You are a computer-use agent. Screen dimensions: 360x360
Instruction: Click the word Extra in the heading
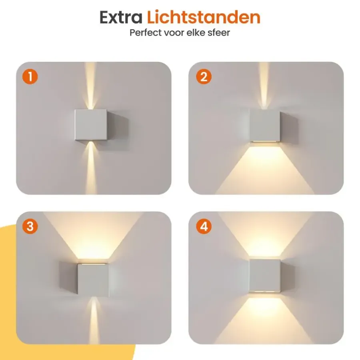coord(121,17)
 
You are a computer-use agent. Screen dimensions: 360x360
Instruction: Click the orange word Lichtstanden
coord(204,17)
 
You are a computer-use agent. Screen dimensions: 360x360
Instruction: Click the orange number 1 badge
coord(30,77)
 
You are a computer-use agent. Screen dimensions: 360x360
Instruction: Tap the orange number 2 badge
coord(204,77)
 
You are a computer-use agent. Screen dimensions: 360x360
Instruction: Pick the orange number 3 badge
coord(30,226)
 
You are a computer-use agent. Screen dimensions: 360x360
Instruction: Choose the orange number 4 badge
coord(204,226)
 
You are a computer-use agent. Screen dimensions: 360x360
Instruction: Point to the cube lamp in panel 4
coord(271,276)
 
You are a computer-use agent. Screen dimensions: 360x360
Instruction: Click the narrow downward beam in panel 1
coord(91,168)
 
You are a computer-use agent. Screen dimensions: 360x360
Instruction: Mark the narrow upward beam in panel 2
coord(264,86)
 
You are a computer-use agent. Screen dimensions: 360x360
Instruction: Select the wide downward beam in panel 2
coord(265,169)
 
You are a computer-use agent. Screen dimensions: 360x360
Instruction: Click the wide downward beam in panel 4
coord(264,319)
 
